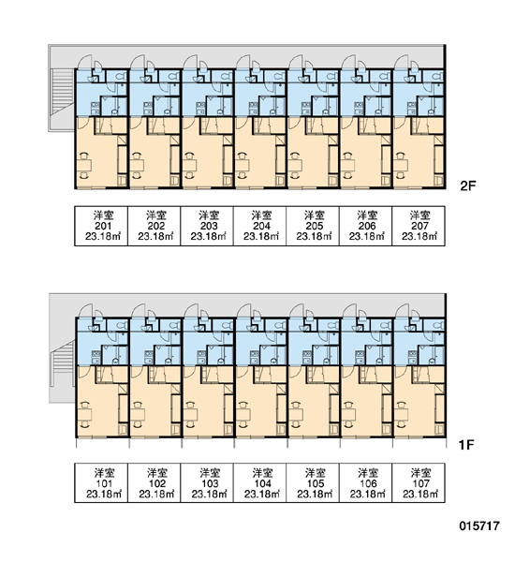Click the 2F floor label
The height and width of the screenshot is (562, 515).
pyautogui.click(x=467, y=185)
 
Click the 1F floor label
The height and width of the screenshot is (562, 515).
pyautogui.click(x=466, y=445)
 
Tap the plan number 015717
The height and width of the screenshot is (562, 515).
pyautogui.click(x=479, y=525)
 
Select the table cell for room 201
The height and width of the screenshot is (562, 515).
pyautogui.click(x=101, y=226)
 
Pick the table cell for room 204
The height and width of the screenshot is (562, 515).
pyautogui.click(x=259, y=226)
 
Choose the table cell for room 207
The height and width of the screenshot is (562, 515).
pyautogui.click(x=419, y=226)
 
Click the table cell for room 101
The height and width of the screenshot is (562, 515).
pyautogui.click(x=101, y=482)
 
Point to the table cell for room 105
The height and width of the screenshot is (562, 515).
pyautogui.click(x=313, y=482)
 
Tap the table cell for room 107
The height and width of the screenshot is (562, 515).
pyautogui.click(x=419, y=482)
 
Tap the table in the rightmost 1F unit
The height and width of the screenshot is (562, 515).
pyautogui.click(x=402, y=415)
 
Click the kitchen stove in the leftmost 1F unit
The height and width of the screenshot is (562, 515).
pyautogui.click(x=96, y=358)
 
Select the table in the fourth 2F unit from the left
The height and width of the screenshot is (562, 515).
pyautogui.click(x=243, y=165)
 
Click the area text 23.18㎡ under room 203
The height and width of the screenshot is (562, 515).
pyautogui.click(x=208, y=237)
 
